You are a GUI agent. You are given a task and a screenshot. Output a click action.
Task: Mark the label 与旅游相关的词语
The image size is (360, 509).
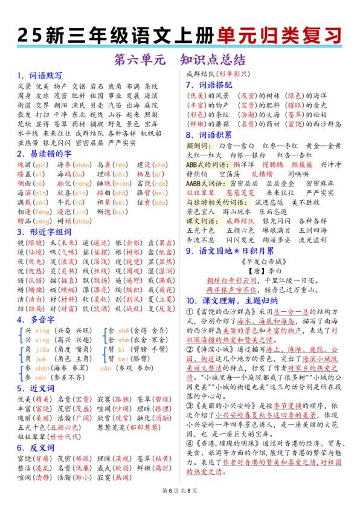[216, 201]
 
